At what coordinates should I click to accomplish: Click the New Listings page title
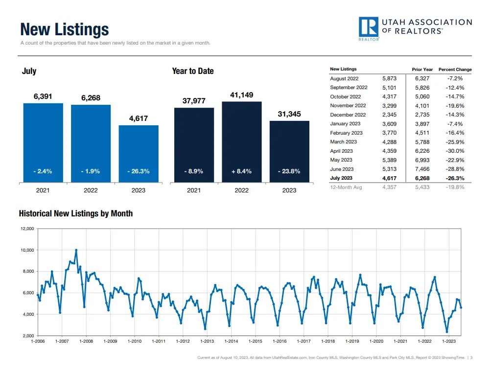[64, 30]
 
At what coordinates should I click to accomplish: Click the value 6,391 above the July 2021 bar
[43, 97]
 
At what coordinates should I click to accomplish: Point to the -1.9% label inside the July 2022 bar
[91, 171]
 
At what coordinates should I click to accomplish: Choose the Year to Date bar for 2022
[241, 142]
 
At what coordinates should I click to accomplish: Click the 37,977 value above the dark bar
[194, 101]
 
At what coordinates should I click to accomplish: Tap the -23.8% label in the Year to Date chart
[289, 171]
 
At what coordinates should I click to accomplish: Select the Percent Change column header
[455, 70]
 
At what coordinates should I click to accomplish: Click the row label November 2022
[348, 106]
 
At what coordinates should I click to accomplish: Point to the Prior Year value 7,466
[422, 169]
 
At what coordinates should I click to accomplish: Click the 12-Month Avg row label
[346, 188]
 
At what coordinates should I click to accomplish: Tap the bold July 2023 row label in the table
[341, 179]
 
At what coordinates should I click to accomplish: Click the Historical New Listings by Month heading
[76, 214]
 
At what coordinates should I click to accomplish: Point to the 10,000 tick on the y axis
[26, 250]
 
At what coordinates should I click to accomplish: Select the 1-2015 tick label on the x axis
[256, 341]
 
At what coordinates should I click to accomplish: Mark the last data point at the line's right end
[461, 307]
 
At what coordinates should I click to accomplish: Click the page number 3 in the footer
[471, 358]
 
